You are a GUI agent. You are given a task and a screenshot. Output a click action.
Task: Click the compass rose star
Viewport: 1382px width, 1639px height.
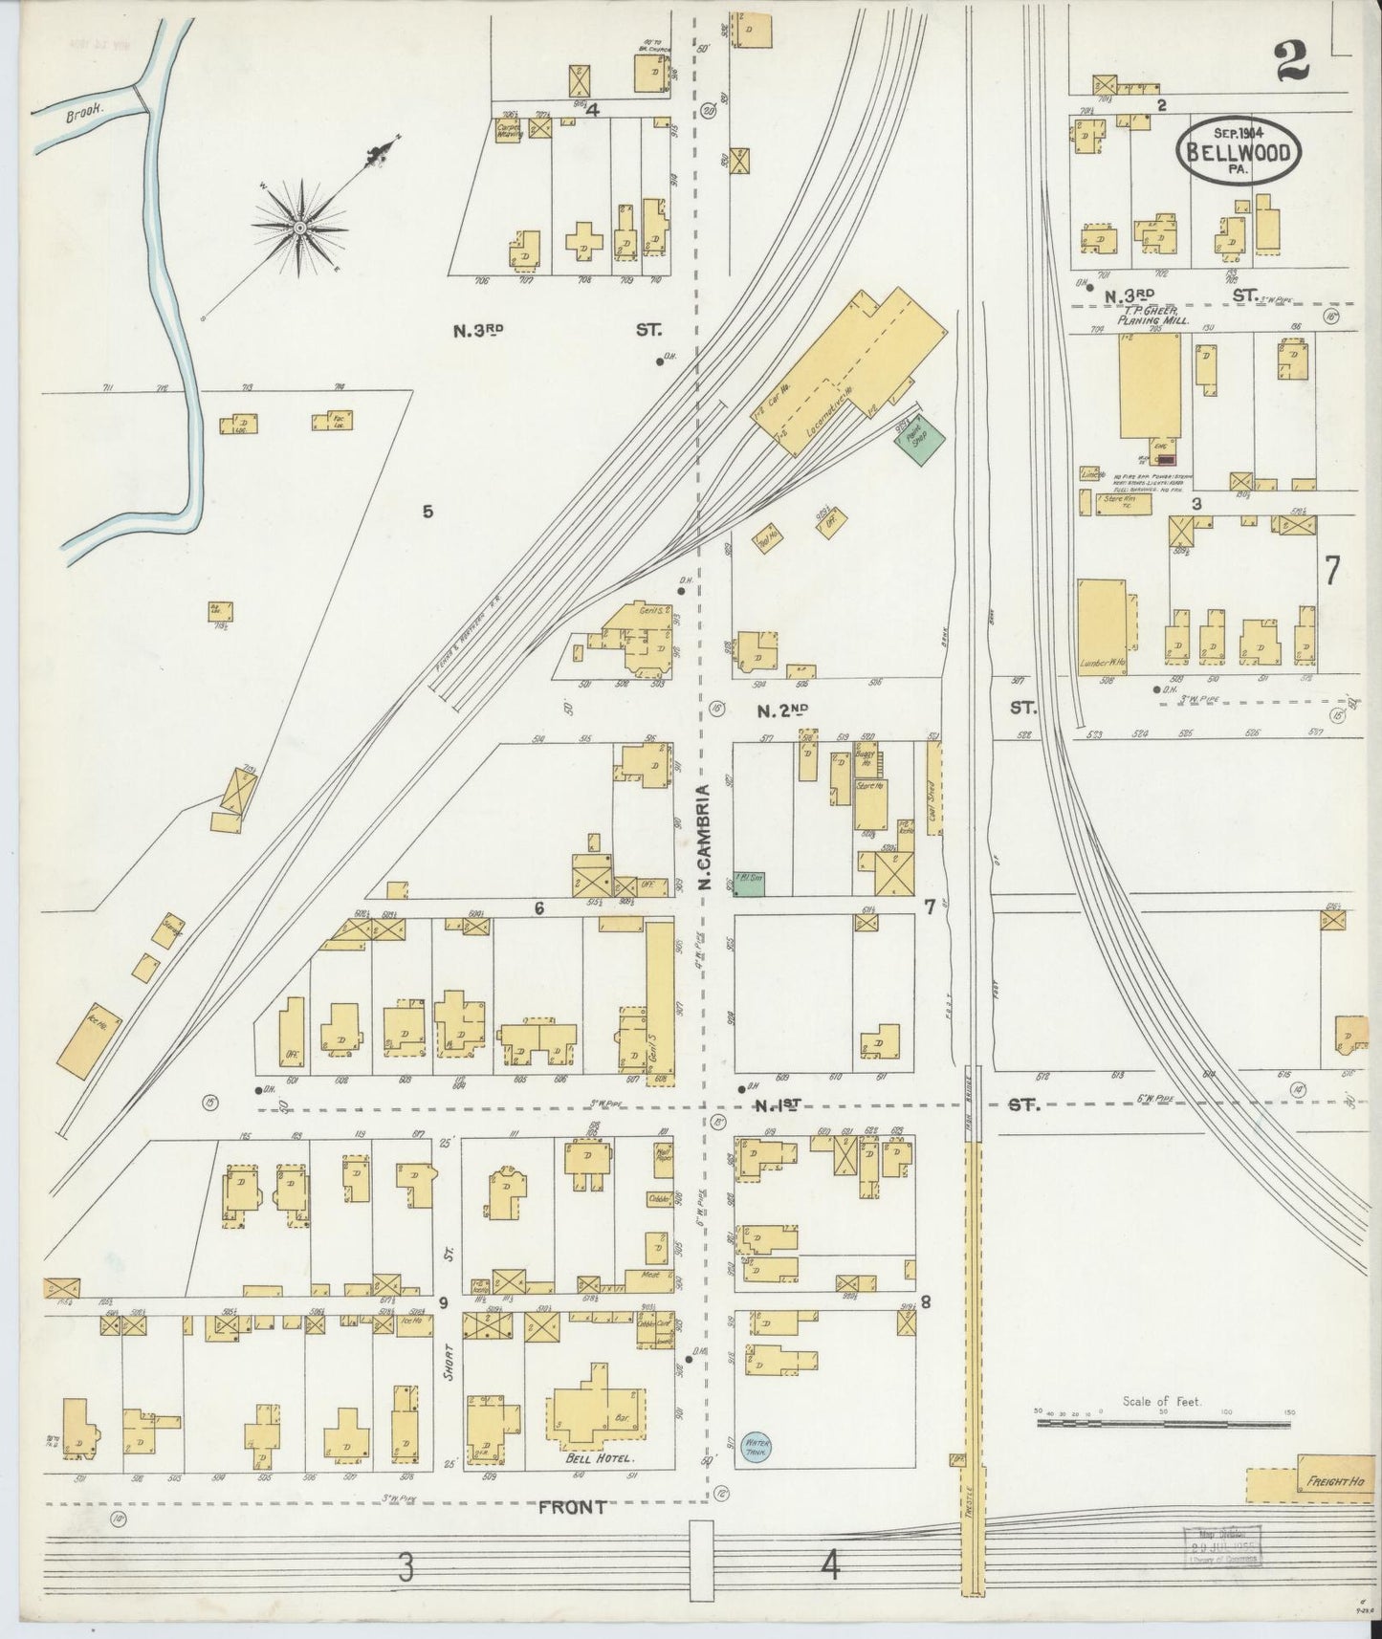click(x=299, y=228)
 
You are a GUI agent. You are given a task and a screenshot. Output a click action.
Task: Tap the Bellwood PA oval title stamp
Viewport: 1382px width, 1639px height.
click(x=1240, y=151)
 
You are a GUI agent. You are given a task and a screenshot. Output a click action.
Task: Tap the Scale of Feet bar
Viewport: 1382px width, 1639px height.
click(x=1163, y=1423)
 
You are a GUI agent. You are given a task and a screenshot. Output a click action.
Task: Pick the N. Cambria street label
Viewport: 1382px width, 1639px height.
click(x=703, y=839)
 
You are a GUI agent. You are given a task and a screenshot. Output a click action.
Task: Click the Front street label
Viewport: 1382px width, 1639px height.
click(x=572, y=1508)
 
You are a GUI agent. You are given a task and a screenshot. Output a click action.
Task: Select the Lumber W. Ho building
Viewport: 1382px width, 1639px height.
click(x=1102, y=626)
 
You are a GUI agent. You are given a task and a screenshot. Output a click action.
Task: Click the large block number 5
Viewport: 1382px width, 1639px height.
click(x=428, y=512)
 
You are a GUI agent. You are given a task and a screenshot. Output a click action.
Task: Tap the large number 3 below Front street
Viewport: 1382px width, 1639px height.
click(x=406, y=1567)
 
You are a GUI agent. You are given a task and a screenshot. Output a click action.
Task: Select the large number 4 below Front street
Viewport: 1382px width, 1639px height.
click(x=829, y=1567)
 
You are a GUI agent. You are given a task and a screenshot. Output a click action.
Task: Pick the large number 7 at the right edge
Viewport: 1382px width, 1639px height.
click(x=1330, y=570)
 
